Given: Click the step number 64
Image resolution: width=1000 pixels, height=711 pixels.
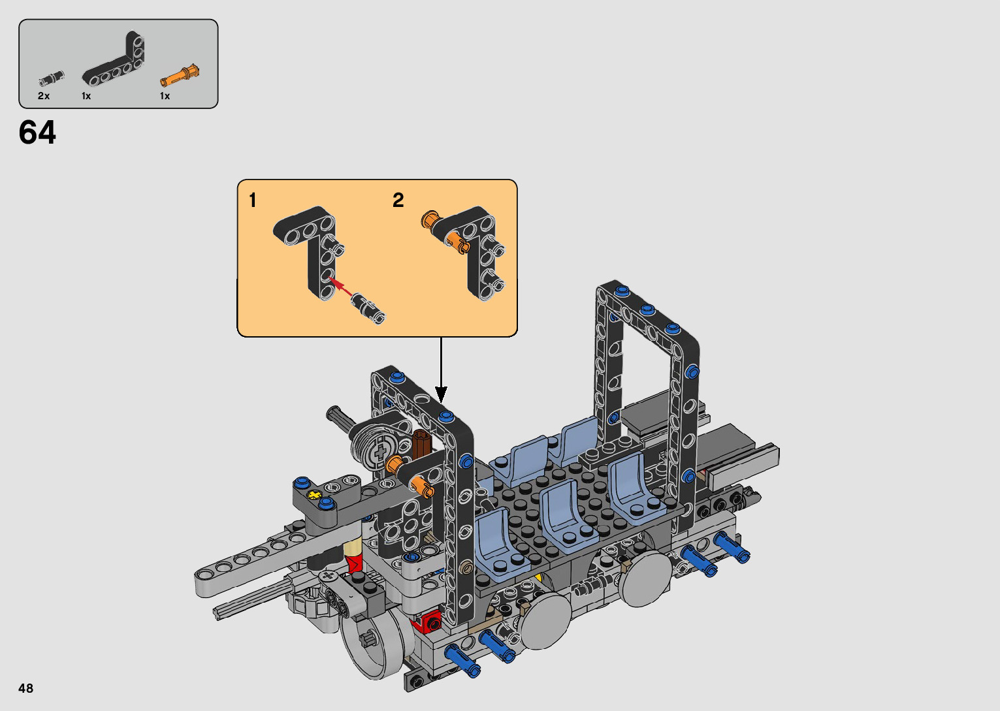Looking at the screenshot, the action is point(37,133).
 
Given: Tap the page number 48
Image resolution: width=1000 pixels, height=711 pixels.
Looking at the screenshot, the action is point(26,687).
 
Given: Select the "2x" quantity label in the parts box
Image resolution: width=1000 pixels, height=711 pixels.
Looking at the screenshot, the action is point(44,96).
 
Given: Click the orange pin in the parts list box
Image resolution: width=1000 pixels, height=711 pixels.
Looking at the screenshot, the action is point(180,76).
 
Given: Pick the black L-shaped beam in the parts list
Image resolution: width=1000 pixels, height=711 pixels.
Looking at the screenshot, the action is point(114,60).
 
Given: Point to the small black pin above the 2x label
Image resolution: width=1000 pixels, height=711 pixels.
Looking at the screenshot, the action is point(52,78).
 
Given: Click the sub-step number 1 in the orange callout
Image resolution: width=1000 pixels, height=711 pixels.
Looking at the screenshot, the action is point(253,200).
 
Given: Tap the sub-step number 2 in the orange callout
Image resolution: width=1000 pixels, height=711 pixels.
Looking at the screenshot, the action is point(398,200).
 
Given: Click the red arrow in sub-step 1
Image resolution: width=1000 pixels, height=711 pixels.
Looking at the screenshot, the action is point(340,286).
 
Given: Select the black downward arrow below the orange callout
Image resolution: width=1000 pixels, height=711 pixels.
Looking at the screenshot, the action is point(441,370).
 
